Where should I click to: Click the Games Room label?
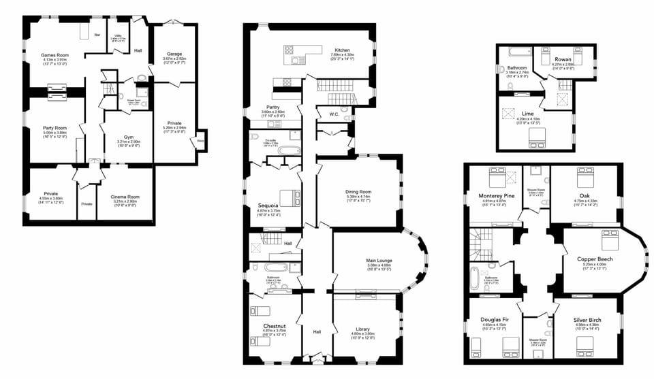click(x=56, y=54)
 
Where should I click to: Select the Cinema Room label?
click(x=125, y=197)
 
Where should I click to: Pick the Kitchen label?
click(x=342, y=50)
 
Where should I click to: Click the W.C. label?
click(x=334, y=114)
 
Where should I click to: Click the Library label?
click(x=363, y=329)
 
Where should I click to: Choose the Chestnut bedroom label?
click(x=273, y=327)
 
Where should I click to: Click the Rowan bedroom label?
click(x=563, y=59)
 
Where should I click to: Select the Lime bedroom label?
click(x=528, y=114)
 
